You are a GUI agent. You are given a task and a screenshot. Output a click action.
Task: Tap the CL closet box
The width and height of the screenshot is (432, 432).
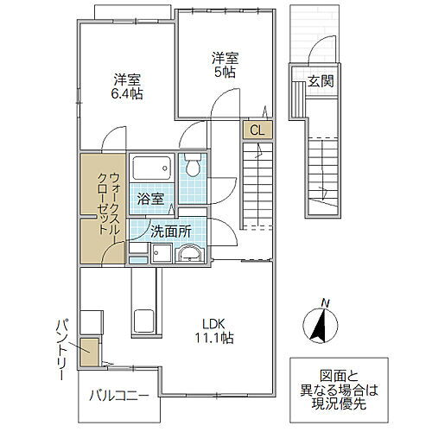pyautogui.click(x=257, y=130)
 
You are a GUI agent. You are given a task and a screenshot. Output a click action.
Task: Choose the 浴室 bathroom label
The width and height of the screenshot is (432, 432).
pyautogui.click(x=150, y=198)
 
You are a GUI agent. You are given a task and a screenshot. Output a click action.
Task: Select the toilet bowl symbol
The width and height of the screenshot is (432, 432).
pyautogui.click(x=192, y=166)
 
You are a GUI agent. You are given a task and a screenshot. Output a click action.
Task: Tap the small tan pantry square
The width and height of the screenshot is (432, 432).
pyautogui.click(x=90, y=354)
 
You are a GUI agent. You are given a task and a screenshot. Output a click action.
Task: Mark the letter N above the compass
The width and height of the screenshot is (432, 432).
pyautogui.click(x=324, y=302)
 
